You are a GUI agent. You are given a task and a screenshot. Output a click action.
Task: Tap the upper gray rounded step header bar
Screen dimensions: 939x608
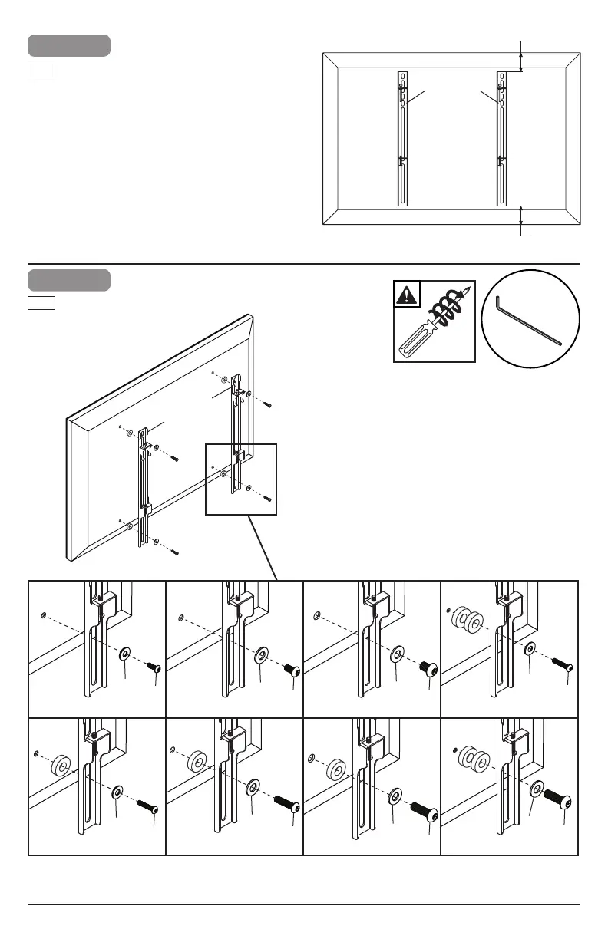(69, 45)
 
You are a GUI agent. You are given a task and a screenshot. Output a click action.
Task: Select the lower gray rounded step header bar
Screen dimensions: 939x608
(69, 280)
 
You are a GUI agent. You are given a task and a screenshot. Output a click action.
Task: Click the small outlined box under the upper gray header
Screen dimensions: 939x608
(41, 71)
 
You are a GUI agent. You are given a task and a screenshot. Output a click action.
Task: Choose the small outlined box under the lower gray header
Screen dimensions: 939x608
(41, 303)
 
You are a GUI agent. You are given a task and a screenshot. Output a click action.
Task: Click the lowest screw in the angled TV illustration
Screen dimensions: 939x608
(173, 552)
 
